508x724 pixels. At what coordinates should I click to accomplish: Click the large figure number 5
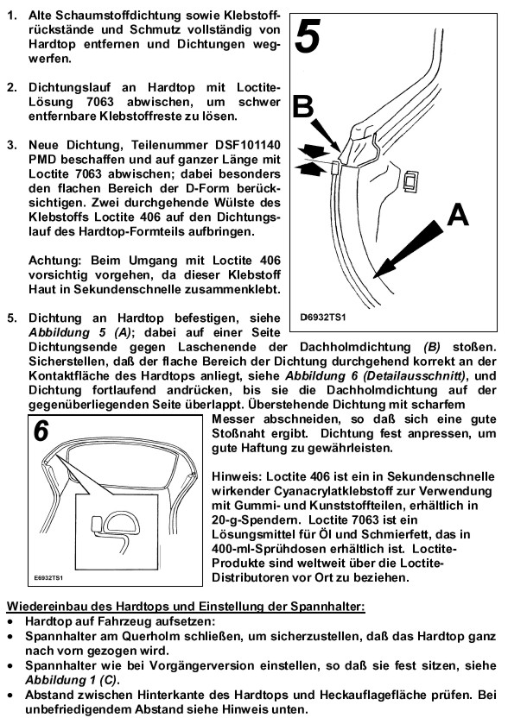point(308,36)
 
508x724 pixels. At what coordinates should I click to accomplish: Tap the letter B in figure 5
point(303,106)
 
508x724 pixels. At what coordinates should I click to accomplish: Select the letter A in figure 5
point(458,215)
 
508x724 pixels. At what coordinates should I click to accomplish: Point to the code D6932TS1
point(322,318)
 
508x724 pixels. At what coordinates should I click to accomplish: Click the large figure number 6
point(41,430)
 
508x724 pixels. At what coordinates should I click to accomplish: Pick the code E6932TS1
point(48,577)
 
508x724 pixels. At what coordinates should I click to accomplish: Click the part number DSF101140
point(248,145)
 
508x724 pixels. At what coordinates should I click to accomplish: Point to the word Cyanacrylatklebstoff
point(324,491)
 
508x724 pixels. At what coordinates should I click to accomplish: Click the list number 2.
point(12,87)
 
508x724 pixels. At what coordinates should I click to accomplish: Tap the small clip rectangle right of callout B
point(410,180)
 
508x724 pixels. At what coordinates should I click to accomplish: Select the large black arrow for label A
point(408,249)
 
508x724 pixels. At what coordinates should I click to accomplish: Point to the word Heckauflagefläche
point(391,695)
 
